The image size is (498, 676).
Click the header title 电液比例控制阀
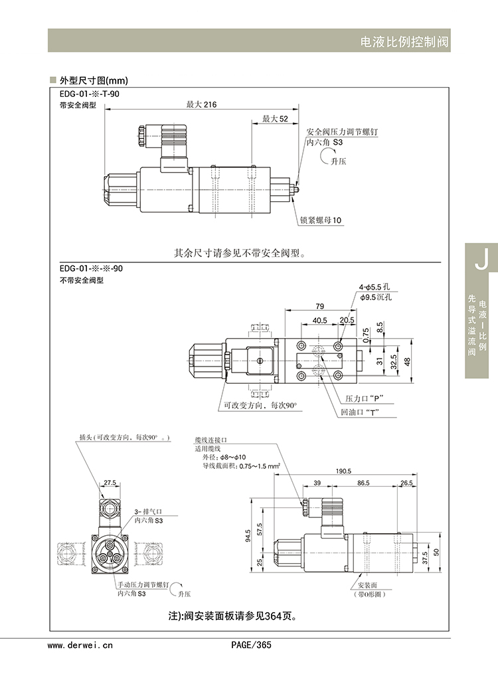[404, 41]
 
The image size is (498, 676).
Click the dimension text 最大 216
[201, 104]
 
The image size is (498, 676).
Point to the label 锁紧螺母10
[321, 220]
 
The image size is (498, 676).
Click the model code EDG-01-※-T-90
[90, 94]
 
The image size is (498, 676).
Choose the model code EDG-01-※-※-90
[90, 268]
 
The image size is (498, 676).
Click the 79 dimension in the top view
[319, 306]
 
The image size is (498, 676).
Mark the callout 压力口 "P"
[366, 398]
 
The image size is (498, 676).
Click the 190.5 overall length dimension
[343, 470]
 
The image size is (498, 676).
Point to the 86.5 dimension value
[364, 483]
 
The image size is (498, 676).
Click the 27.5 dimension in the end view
[110, 483]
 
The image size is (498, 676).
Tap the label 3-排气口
[148, 512]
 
